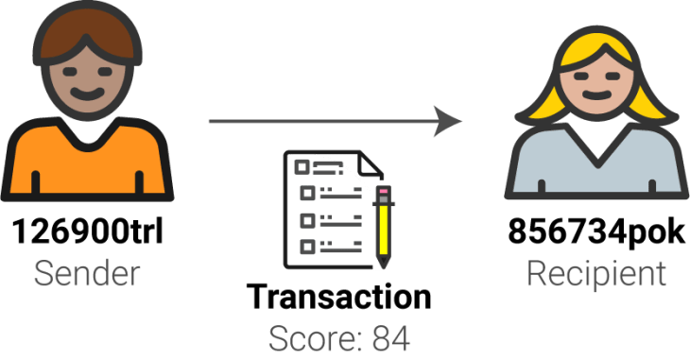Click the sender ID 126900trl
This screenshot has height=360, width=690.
(87, 231)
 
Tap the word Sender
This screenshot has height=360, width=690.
(87, 273)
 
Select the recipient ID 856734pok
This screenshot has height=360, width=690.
(596, 231)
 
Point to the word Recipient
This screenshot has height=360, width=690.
(596, 274)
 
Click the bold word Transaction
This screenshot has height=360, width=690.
(338, 297)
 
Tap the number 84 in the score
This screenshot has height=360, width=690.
(391, 338)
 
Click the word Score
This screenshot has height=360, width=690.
(317, 338)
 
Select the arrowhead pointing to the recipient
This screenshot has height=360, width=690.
(447, 121)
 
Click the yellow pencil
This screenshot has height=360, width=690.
(384, 227)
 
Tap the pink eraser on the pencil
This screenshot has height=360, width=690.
(384, 192)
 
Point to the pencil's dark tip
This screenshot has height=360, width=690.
(384, 263)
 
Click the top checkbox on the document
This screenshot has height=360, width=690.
(302, 167)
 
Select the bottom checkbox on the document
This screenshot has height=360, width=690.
(307, 246)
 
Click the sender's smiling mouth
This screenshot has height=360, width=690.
(87, 94)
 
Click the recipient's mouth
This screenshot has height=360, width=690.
(596, 95)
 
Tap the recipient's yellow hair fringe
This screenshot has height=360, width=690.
(596, 53)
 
